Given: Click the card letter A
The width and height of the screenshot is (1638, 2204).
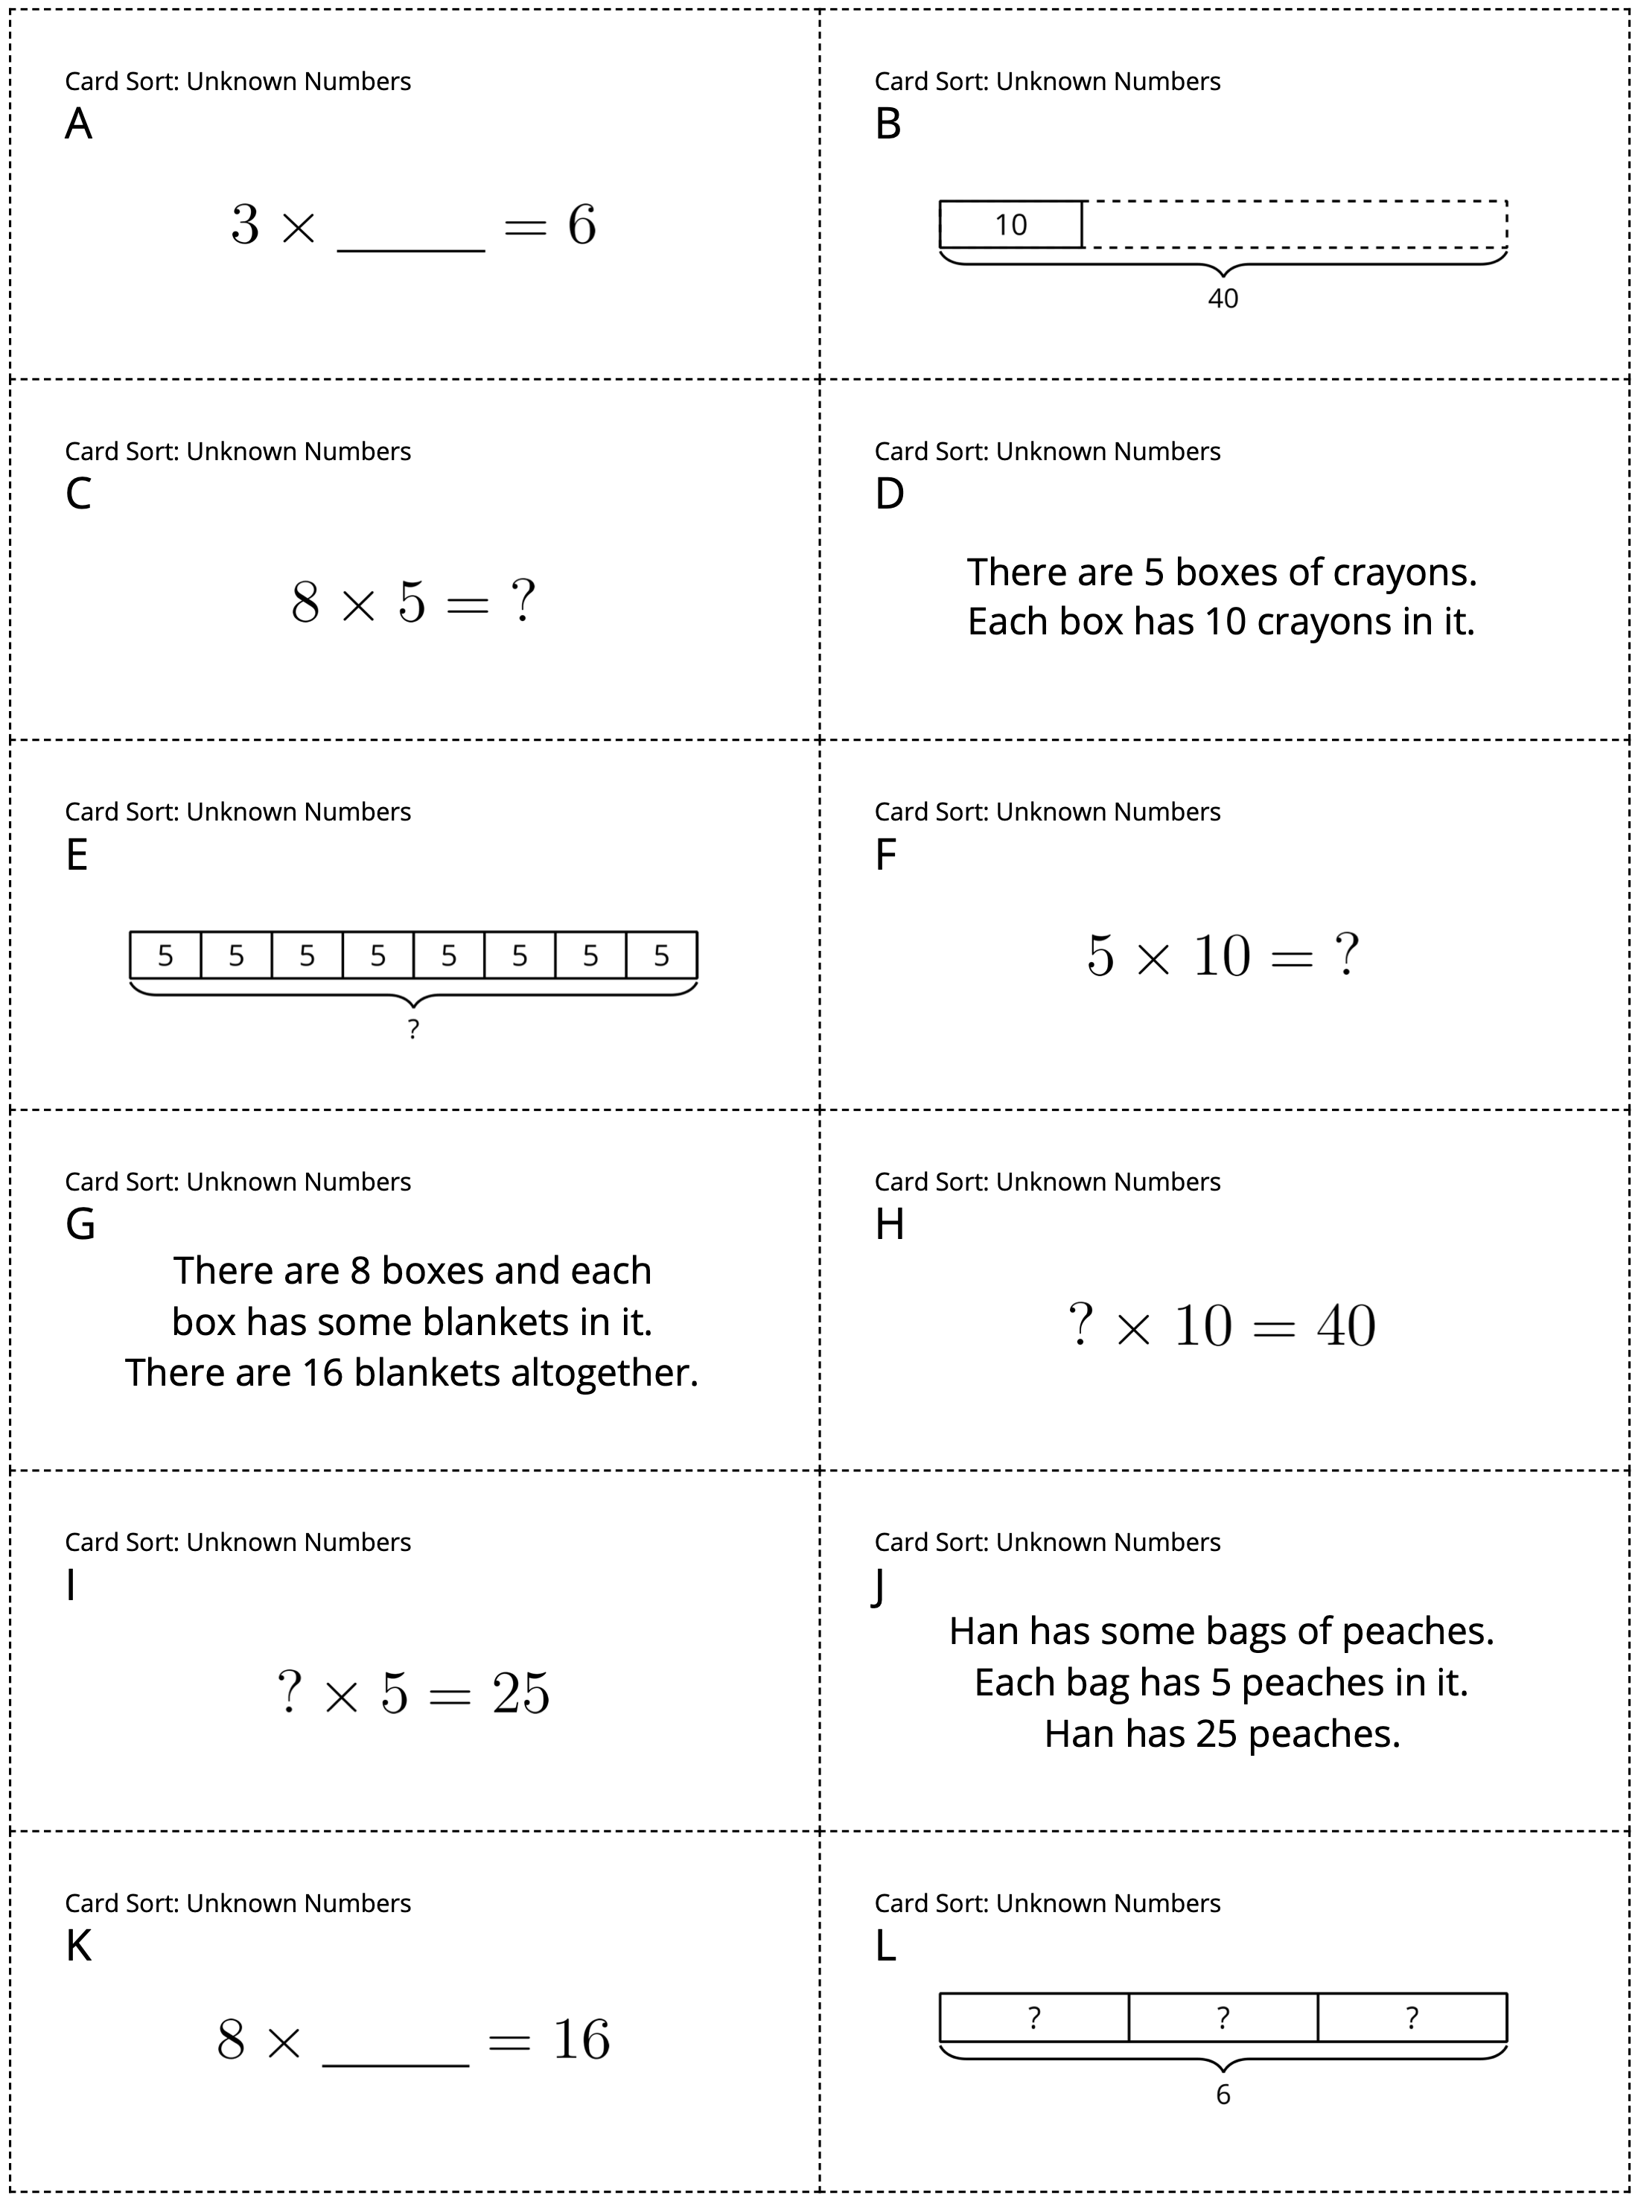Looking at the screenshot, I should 78,124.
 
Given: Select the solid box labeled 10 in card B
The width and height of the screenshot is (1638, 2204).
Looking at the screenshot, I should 1010,224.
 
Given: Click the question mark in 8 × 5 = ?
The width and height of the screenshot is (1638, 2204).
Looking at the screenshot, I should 523,601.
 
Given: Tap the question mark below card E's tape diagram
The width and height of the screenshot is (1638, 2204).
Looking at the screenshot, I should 413,1029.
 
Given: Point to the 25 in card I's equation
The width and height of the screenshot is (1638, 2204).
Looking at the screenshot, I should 520,1693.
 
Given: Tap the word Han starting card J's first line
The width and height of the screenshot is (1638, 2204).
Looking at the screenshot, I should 984,1631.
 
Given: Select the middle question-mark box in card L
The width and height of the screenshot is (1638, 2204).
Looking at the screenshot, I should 1223,2018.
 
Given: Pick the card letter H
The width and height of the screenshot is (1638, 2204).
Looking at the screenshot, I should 890,1224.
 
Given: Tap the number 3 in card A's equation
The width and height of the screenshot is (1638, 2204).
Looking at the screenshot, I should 245,224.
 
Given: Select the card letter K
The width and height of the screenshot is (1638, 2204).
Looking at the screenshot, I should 78,1946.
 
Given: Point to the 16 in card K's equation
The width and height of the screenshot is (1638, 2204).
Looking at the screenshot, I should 581,2040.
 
